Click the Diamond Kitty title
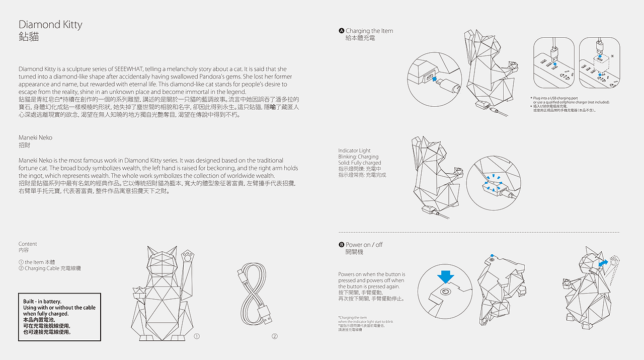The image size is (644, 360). click(50, 25)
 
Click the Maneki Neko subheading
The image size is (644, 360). click(35, 137)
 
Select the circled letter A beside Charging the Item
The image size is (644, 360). click(342, 31)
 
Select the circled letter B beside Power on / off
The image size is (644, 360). click(342, 245)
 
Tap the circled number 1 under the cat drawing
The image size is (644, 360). click(197, 336)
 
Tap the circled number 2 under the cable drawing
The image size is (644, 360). click(275, 336)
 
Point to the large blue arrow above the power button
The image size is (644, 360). click(446, 277)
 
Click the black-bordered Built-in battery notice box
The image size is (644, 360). click(59, 317)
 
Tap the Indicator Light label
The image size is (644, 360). click(354, 151)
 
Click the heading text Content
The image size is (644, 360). click(28, 244)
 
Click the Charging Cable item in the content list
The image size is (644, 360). click(52, 268)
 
